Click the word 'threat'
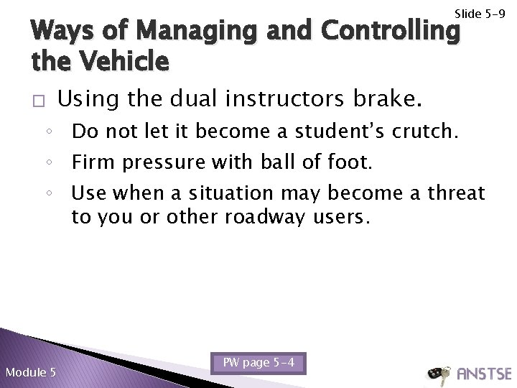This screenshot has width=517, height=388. pyautogui.click(x=460, y=193)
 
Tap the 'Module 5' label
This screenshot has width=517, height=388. pyautogui.click(x=31, y=371)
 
